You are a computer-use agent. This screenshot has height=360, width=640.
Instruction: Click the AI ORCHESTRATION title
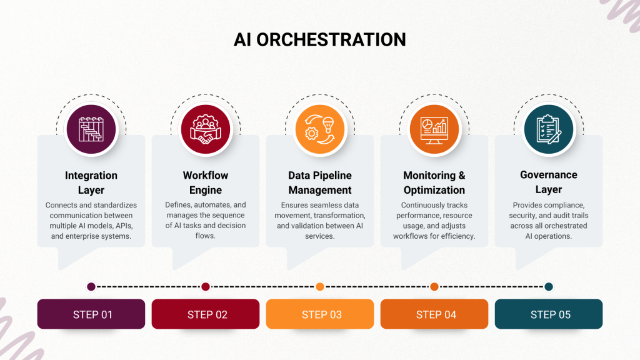[319, 39]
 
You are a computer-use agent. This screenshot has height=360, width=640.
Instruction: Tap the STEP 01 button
[91, 314]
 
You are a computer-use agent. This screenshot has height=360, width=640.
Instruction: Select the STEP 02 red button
[206, 314]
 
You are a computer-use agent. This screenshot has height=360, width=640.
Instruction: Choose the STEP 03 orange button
[320, 314]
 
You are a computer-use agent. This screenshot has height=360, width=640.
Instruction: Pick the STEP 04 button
[434, 314]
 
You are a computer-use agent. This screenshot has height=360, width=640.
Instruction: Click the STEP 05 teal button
[549, 314]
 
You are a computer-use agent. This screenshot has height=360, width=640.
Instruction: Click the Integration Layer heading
[91, 182]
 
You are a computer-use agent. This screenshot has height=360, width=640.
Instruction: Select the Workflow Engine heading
[206, 182]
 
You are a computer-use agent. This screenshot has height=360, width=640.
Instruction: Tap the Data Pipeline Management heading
[320, 182]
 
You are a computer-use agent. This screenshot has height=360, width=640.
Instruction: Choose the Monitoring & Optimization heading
[434, 182]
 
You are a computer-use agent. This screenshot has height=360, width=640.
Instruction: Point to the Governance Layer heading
[549, 182]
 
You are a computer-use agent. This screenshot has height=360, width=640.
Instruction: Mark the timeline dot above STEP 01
[91, 287]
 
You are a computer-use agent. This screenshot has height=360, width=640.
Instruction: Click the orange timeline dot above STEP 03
[320, 287]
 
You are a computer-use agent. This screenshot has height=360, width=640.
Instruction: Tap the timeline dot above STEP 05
[549, 287]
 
